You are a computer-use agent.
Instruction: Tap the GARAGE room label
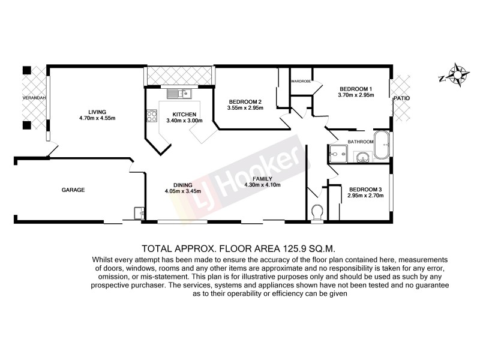pyautogui.click(x=73, y=190)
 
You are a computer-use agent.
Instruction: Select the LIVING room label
pyautogui.click(x=97, y=112)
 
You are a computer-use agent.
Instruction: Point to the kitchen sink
pyautogui.click(x=179, y=93)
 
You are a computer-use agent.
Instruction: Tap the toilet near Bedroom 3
pyautogui.click(x=318, y=212)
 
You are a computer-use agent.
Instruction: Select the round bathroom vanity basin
pyautogui.click(x=362, y=158)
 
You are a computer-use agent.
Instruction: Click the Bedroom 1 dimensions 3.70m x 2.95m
pyautogui.click(x=356, y=95)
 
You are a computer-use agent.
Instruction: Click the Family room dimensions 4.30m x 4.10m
pyautogui.click(x=263, y=185)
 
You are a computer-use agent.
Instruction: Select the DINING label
pyautogui.click(x=182, y=185)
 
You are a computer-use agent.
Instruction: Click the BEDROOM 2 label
pyautogui.click(x=245, y=101)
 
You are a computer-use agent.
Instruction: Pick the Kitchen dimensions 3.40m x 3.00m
pyautogui.click(x=185, y=120)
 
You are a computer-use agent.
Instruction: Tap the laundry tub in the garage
pyautogui.click(x=139, y=212)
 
